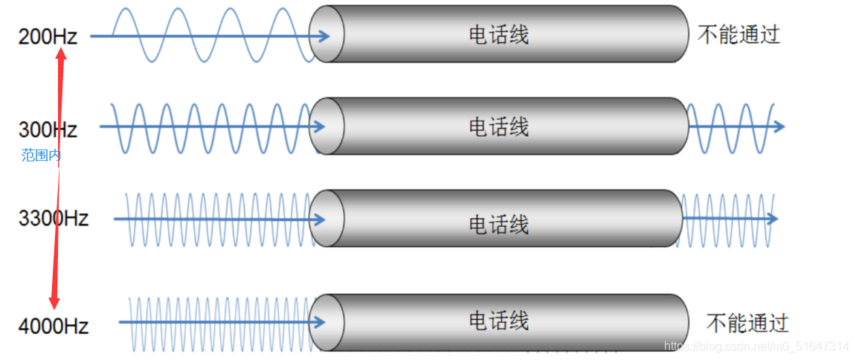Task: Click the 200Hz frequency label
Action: [48, 36]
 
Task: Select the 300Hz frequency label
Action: [48, 129]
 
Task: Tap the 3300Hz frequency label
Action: [54, 219]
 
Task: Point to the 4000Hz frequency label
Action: [54, 326]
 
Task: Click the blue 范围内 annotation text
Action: [41, 155]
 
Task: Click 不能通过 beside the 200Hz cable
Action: [739, 35]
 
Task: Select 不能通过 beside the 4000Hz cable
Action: [747, 323]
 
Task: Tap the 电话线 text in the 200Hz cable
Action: [498, 35]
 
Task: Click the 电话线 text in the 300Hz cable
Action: [498, 126]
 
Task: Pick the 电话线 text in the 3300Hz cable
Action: [498, 224]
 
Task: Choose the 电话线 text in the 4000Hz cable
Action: [498, 321]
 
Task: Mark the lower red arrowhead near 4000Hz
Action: [54, 300]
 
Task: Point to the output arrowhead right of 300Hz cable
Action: [779, 126]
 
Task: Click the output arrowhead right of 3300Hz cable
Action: [772, 219]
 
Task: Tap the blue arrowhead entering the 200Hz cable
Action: [324, 36]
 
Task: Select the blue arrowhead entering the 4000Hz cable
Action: [321, 322]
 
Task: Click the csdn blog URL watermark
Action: [756, 347]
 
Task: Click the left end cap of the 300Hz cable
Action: [326, 126]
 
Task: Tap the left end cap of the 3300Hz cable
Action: [326, 219]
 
